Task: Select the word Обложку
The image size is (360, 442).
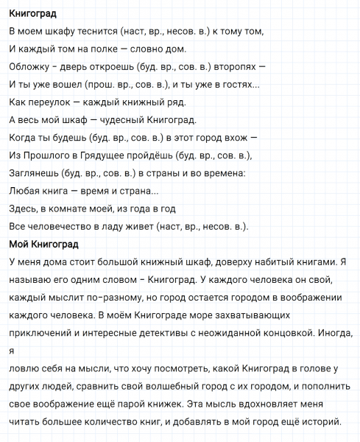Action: click(29, 66)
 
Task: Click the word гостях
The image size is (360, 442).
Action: click(233, 83)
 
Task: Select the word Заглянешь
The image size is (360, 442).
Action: click(34, 172)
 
